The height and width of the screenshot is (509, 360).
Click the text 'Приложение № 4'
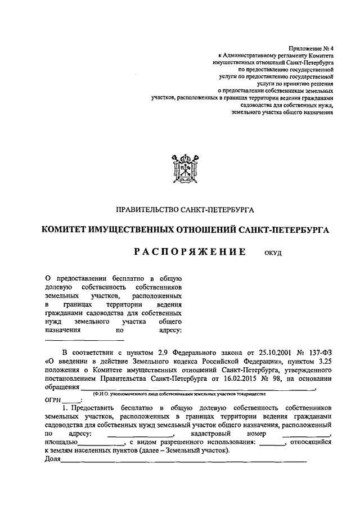[x=310, y=50]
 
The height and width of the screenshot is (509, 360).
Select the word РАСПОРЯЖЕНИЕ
[x=190, y=253]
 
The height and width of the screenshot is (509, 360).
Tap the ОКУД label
[x=273, y=254]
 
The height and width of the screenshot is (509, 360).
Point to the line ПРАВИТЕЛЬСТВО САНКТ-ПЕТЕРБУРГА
[x=185, y=210]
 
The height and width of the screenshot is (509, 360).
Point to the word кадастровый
[x=210, y=434]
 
